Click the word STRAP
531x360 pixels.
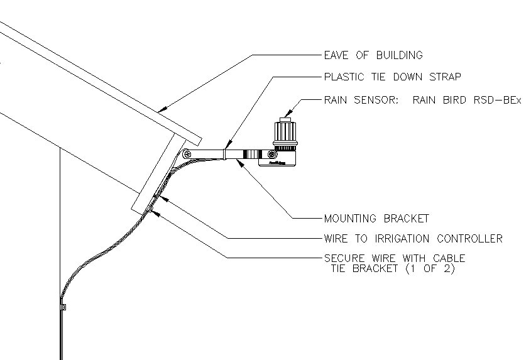[444, 77]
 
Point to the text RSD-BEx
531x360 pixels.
[498, 100]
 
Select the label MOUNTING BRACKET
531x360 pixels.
[376, 219]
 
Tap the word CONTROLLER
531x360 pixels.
[472, 239]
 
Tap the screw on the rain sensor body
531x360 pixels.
[271, 154]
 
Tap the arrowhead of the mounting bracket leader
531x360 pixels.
[240, 161]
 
